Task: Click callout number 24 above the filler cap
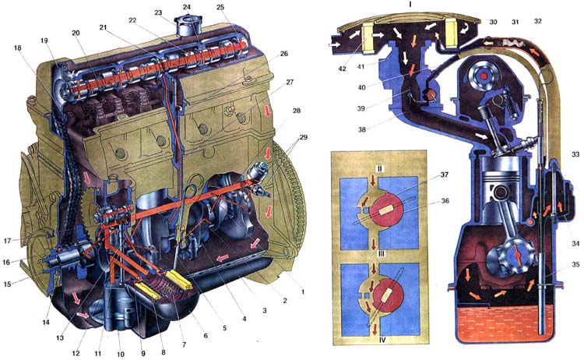click(187, 7)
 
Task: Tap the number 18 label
click(17, 48)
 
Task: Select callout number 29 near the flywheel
click(304, 137)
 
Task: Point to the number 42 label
click(343, 69)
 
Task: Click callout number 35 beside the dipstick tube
click(575, 265)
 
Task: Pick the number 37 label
click(445, 175)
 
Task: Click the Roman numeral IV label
click(382, 340)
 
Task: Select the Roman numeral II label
click(379, 169)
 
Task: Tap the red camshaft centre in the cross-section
click(484, 76)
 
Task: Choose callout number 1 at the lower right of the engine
click(303, 292)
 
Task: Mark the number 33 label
click(575, 154)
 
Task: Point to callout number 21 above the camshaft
click(103, 27)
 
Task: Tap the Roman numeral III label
click(380, 254)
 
